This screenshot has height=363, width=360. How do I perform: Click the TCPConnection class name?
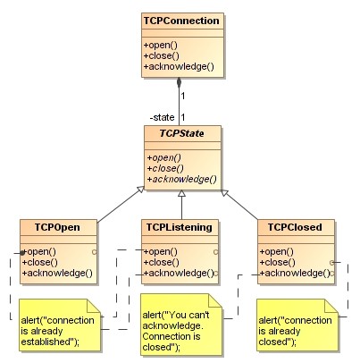click(x=182, y=20)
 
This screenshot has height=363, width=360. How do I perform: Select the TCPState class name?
click(x=180, y=134)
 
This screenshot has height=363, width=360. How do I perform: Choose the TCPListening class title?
click(x=179, y=227)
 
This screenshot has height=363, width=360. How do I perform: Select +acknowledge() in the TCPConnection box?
click(x=178, y=66)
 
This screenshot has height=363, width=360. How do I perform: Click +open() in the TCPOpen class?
click(x=38, y=250)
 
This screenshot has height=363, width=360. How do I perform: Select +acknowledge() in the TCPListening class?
click(x=178, y=274)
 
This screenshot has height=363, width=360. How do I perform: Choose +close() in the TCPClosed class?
click(x=276, y=262)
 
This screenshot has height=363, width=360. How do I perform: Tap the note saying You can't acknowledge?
click(x=180, y=325)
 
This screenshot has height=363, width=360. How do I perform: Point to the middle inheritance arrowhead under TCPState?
click(x=180, y=193)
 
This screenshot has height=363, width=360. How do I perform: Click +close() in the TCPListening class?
click(x=160, y=262)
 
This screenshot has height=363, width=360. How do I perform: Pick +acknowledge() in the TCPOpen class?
click(x=55, y=274)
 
